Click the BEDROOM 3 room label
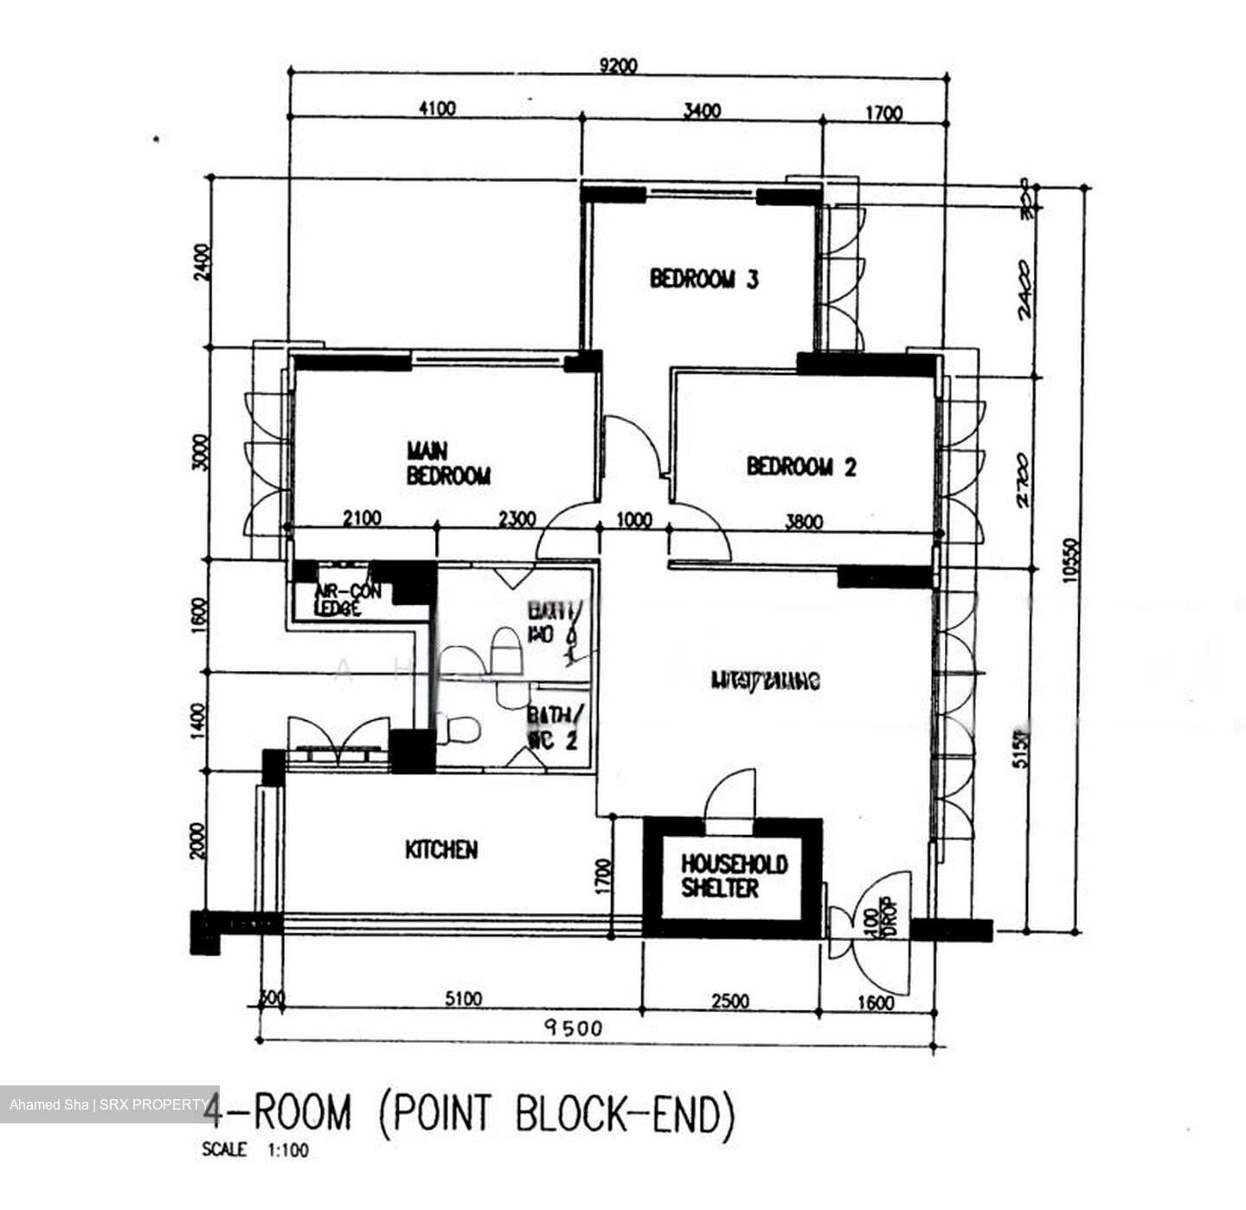pos(703,279)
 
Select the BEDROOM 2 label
pos(801,467)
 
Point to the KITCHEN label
pos(441,850)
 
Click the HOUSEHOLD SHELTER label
pos(734,876)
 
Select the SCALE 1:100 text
pos(255,1151)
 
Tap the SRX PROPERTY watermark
pos(108,1104)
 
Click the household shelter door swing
pos(729,792)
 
